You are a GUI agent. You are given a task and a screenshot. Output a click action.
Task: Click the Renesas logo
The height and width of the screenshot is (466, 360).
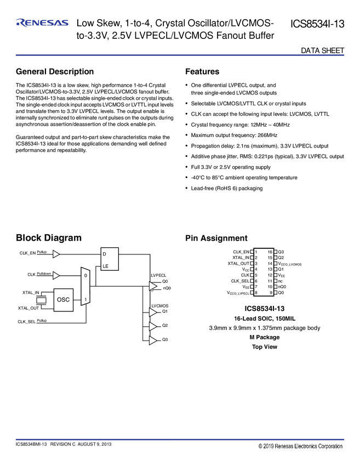[x=42, y=22]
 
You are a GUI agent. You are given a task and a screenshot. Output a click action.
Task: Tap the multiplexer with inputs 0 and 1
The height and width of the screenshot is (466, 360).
[x=84, y=286]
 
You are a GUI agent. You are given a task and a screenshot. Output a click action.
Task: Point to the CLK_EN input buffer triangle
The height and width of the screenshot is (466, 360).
[x=56, y=253]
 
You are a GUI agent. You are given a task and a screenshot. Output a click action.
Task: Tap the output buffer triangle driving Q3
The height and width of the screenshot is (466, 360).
[x=152, y=340]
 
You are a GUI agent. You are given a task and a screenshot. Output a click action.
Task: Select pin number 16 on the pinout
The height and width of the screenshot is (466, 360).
[x=270, y=252]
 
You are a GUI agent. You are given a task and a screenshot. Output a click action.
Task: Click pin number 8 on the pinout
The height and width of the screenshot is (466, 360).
[x=256, y=293]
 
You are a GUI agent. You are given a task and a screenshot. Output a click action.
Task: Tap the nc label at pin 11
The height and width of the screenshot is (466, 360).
[x=281, y=281]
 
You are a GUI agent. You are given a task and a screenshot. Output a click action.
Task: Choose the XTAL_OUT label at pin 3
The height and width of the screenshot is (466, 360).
[x=238, y=264]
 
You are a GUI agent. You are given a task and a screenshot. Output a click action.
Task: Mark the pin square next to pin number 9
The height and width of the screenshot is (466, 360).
[x=276, y=293]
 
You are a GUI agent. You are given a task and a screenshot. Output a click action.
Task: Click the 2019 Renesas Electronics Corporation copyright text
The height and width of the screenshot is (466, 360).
[x=301, y=446]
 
